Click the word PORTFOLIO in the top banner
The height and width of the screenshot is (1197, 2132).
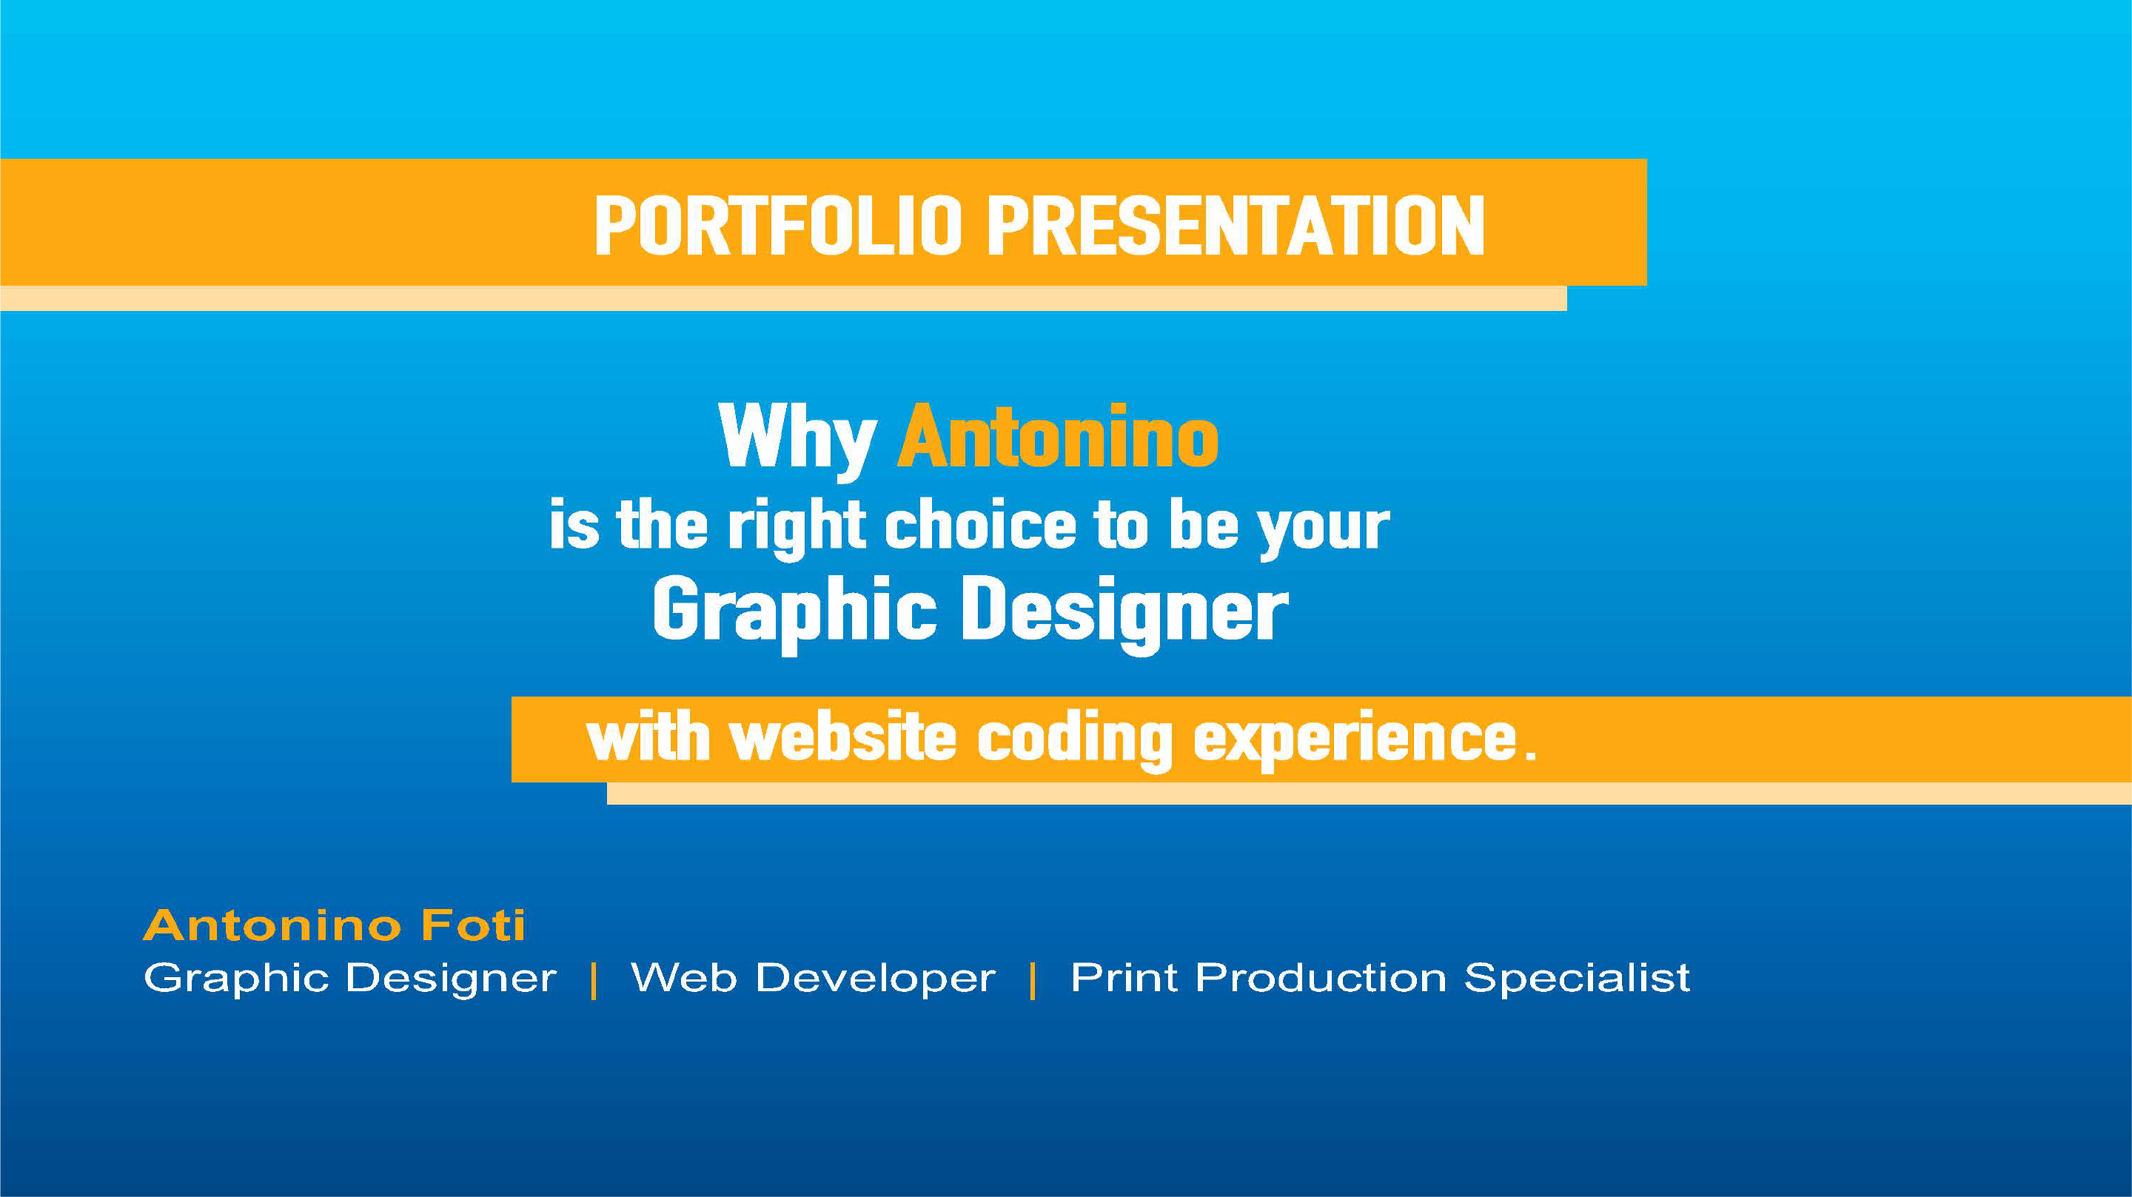(x=778, y=226)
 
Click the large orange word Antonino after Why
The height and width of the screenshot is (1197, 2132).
(x=1059, y=436)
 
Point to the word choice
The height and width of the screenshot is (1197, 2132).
(x=980, y=525)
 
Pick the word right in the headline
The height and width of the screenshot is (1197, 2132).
(x=797, y=528)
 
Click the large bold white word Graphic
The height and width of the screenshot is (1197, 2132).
(x=794, y=614)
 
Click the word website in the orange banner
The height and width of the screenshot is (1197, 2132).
(x=842, y=737)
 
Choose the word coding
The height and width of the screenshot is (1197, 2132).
(x=1074, y=740)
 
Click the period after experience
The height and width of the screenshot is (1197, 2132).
(x=1529, y=754)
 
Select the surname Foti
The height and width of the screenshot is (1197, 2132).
(x=472, y=925)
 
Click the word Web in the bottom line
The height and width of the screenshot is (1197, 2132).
(x=683, y=977)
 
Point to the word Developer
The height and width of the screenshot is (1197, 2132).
(x=876, y=979)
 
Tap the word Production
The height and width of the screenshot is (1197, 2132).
(x=1321, y=977)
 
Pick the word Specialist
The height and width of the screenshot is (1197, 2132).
(x=1577, y=979)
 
